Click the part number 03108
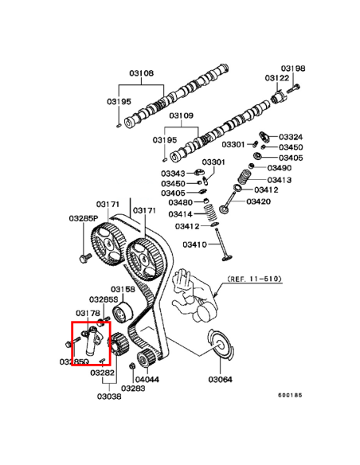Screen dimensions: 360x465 click(x=142, y=73)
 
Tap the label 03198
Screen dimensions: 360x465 click(x=293, y=68)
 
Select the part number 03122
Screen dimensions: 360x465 click(x=277, y=78)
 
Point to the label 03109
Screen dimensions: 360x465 click(x=181, y=115)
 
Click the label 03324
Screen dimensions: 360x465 click(x=291, y=137)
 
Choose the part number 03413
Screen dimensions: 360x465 click(x=280, y=180)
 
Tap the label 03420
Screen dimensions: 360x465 click(x=259, y=201)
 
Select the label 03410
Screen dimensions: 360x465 click(x=194, y=244)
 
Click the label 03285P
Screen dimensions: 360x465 click(x=84, y=218)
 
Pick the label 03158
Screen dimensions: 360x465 click(x=123, y=289)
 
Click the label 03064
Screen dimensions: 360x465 click(x=221, y=379)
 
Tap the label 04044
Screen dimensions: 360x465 click(x=147, y=379)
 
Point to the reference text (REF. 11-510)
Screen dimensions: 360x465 click(x=254, y=279)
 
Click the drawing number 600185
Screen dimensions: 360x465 click(x=290, y=395)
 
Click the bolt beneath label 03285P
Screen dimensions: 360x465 click(x=84, y=257)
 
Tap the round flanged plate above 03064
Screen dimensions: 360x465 click(x=220, y=345)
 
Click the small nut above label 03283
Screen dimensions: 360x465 click(x=132, y=366)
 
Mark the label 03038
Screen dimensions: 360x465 click(x=109, y=397)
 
